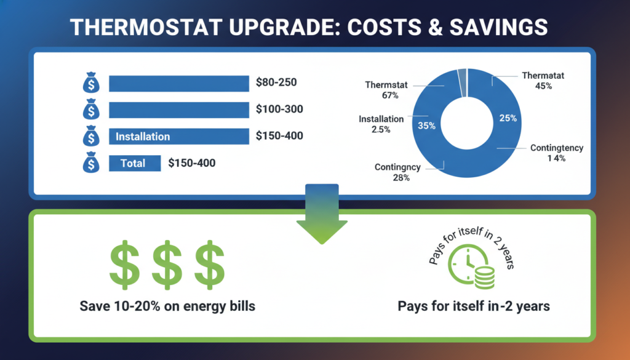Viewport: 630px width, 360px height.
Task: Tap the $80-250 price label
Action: (276, 82)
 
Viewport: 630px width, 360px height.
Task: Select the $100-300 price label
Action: (280, 110)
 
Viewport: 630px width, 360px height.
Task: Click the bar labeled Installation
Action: (179, 137)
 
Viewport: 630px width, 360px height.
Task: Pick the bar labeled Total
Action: (135, 163)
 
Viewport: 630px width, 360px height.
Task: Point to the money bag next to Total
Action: (91, 162)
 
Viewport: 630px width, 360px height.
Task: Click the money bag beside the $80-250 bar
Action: (91, 82)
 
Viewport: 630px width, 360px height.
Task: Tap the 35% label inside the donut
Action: (426, 126)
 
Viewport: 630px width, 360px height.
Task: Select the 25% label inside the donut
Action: (508, 118)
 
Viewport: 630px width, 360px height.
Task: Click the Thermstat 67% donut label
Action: (386, 90)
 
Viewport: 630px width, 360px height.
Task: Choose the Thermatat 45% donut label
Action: (543, 81)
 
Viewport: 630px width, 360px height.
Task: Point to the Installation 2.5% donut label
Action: (381, 124)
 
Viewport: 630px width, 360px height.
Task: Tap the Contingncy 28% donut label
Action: (397, 172)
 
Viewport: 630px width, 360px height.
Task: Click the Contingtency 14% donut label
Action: (556, 153)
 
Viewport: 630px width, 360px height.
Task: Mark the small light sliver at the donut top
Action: (462, 82)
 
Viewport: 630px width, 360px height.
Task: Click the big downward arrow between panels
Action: (322, 214)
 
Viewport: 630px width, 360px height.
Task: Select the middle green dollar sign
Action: (167, 265)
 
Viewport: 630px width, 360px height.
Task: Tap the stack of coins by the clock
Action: (484, 277)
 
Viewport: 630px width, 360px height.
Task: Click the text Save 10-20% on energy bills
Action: (167, 306)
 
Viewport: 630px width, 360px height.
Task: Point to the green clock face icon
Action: (466, 263)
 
